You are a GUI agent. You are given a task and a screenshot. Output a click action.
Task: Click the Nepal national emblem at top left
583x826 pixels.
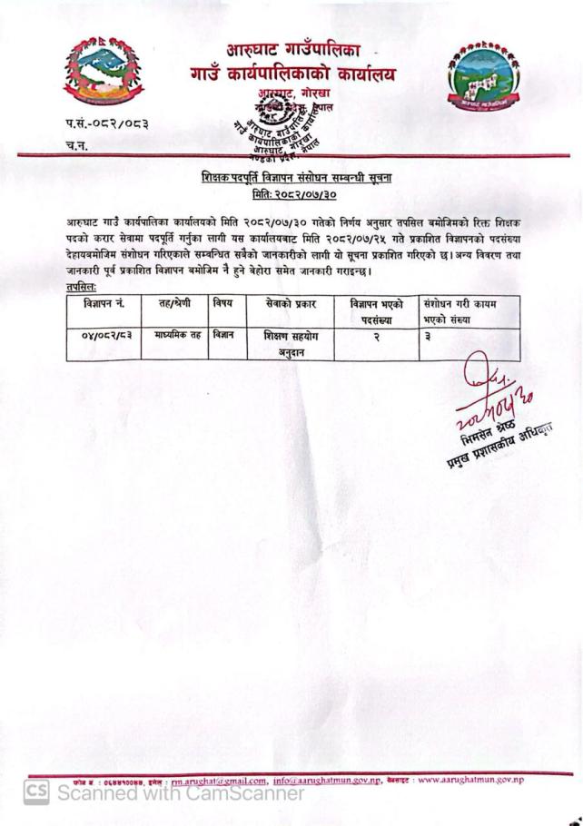[x=104, y=70]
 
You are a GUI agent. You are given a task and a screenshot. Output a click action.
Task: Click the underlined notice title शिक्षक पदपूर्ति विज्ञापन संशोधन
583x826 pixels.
[x=291, y=178]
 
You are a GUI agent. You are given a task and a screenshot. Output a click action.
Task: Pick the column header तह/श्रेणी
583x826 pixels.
[x=176, y=303]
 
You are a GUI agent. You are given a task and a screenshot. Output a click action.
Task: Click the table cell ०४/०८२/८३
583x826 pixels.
[x=106, y=335]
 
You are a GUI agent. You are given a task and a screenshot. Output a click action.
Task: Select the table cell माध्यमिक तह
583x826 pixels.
[x=177, y=335]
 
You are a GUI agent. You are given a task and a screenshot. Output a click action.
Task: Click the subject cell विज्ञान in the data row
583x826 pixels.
[x=222, y=335]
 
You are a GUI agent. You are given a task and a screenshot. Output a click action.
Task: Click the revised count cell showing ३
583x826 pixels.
[x=427, y=336]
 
